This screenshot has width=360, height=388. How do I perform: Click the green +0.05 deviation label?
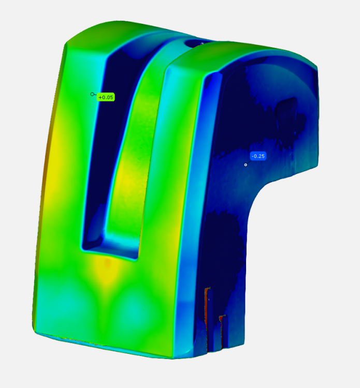(x=106, y=97)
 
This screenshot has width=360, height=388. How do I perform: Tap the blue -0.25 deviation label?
(x=258, y=156)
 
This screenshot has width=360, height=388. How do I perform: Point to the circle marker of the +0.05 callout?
(x=92, y=94)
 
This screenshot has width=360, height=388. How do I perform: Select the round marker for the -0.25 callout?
(x=246, y=165)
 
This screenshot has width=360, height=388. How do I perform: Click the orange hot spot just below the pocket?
(x=107, y=263)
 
